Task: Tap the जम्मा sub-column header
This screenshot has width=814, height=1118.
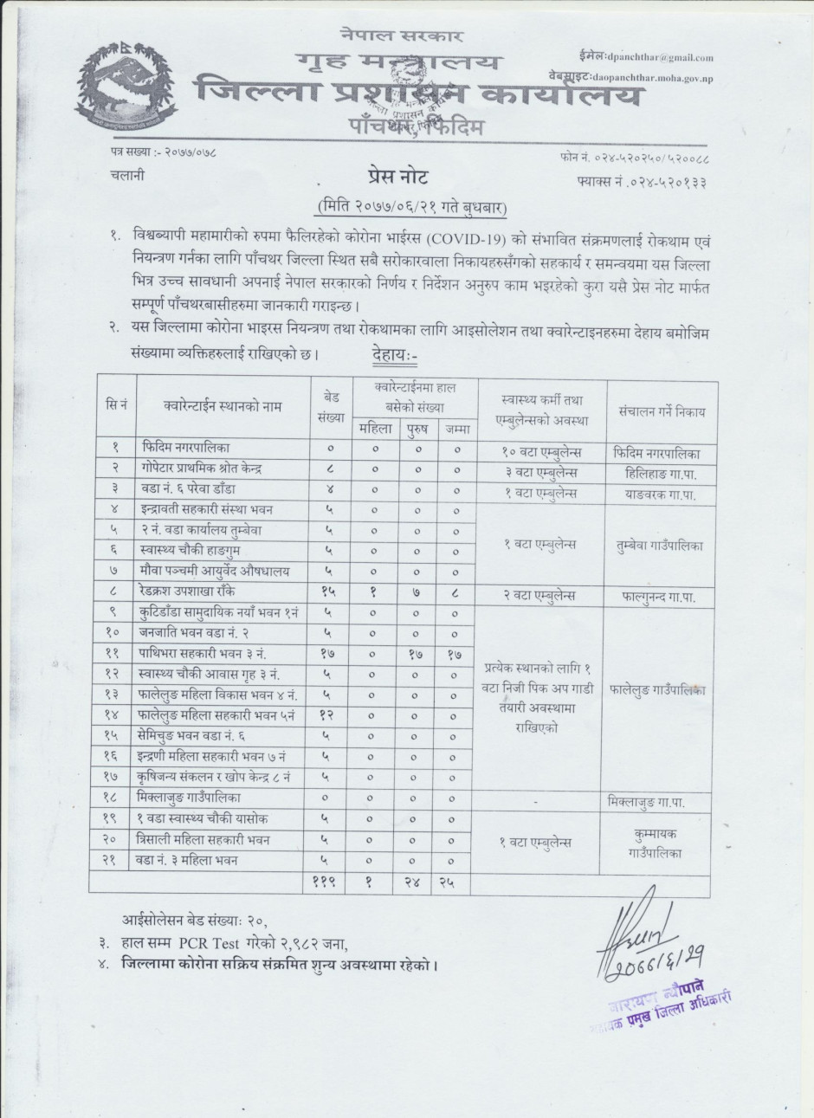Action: [455, 428]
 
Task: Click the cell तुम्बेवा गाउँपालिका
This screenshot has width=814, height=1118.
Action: [656, 546]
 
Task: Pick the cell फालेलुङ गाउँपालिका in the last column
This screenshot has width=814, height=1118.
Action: [657, 691]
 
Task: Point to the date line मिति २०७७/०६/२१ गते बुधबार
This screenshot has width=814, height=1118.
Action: [410, 208]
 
